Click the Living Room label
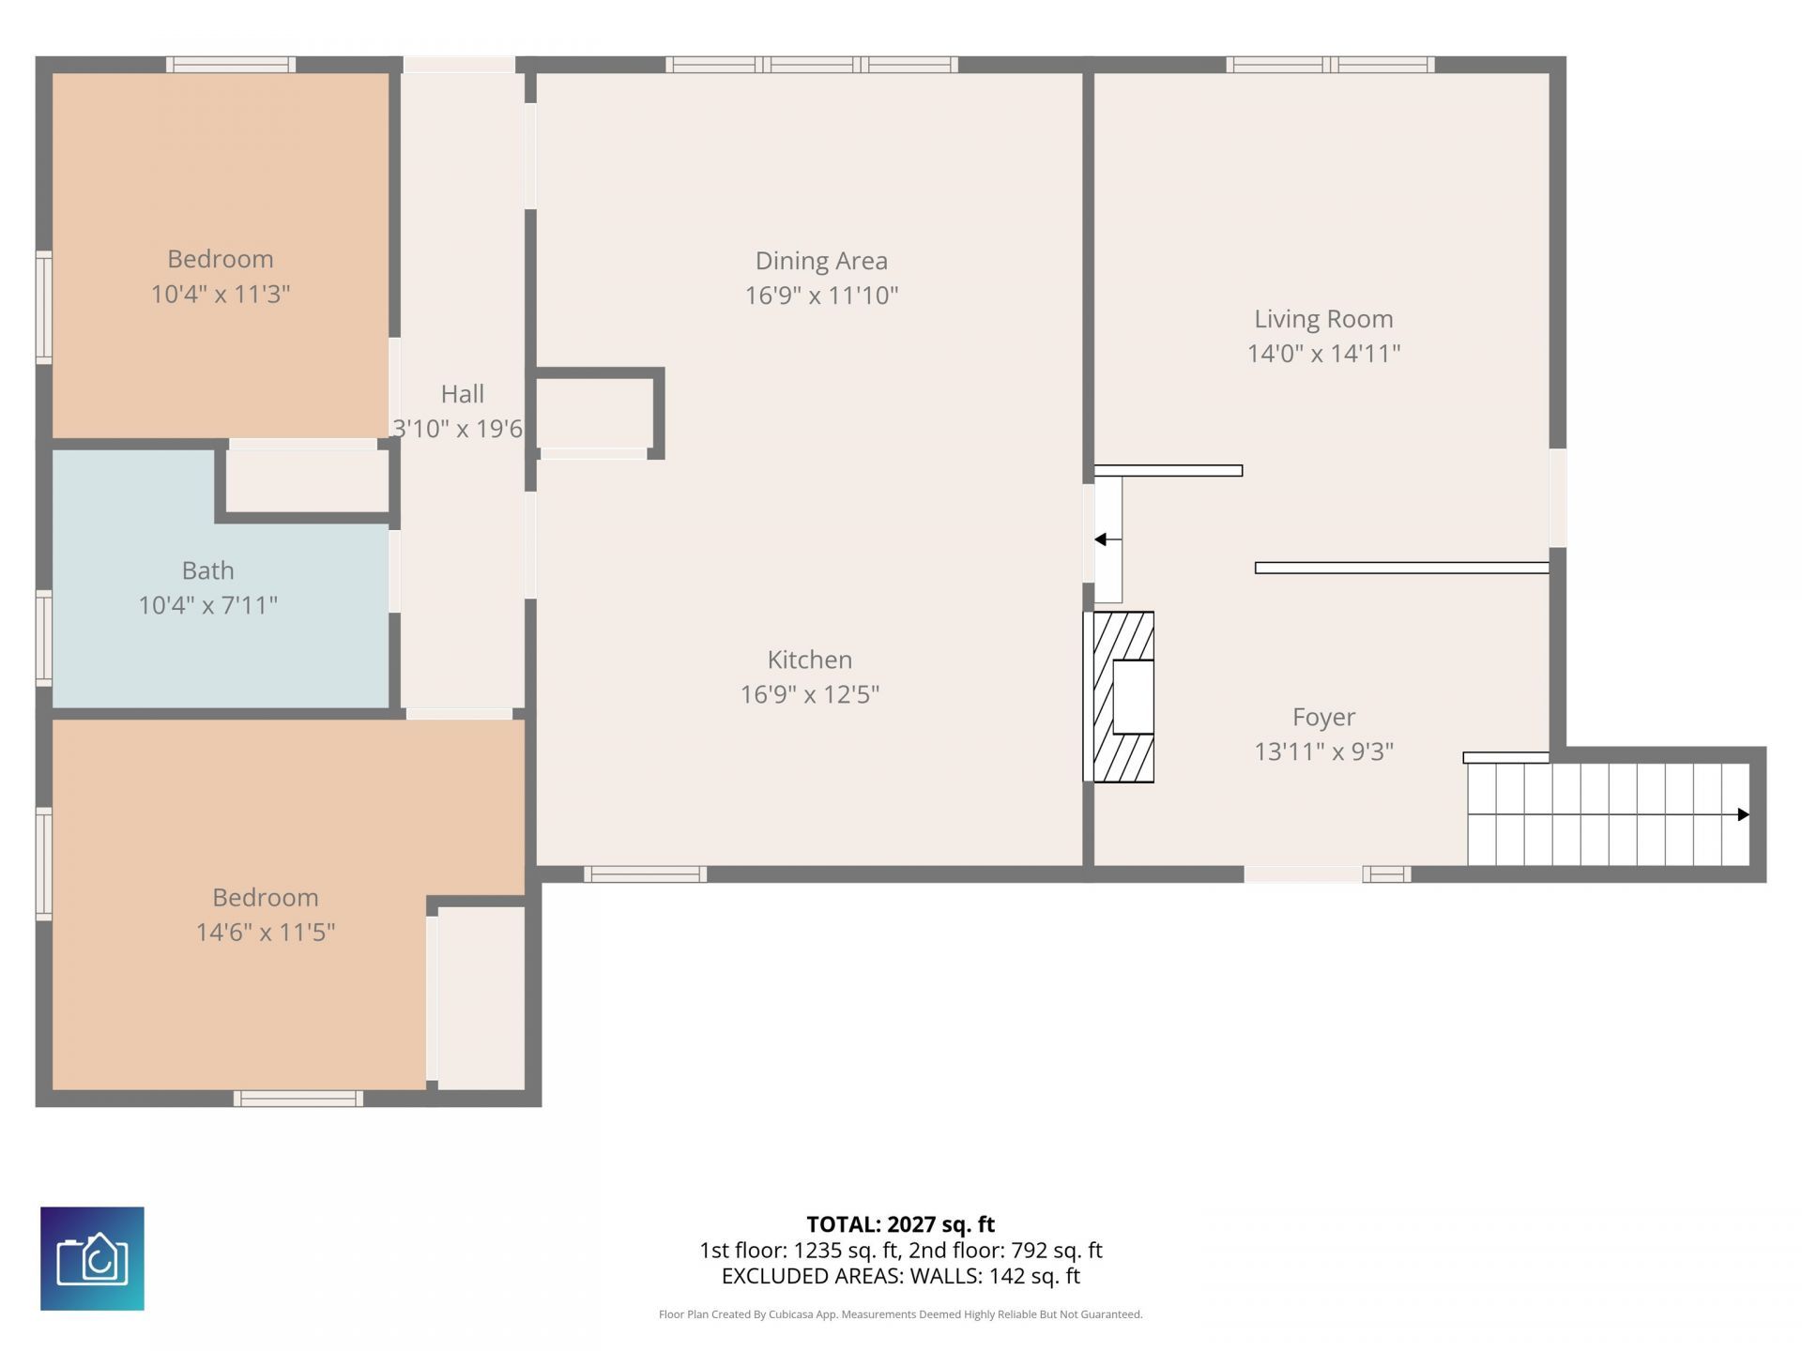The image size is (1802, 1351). (x=1323, y=319)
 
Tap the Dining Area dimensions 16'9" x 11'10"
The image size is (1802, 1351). (x=821, y=296)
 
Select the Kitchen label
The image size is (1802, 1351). (x=810, y=660)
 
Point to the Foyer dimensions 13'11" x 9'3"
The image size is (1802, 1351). (x=1323, y=751)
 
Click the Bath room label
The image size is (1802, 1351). (x=208, y=570)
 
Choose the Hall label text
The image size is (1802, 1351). (x=462, y=394)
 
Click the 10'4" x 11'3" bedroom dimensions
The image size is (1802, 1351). (x=221, y=294)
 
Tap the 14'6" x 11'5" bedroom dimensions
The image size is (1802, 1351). (x=266, y=932)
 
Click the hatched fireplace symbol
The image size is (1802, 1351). (x=1122, y=696)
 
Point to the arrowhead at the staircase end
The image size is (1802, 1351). (x=1743, y=814)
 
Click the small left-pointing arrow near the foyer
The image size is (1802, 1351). (x=1101, y=539)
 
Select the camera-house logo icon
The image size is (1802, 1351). (x=92, y=1258)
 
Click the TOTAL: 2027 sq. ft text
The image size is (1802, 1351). (x=900, y=1224)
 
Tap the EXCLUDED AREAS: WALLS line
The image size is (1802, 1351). (x=900, y=1276)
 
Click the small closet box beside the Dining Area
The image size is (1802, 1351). (x=594, y=413)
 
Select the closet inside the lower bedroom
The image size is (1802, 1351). (x=481, y=997)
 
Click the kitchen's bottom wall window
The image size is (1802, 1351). (x=645, y=874)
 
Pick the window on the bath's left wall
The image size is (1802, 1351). (x=43, y=638)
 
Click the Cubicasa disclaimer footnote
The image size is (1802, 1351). (x=900, y=1314)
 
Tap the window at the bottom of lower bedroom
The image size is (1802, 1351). (x=298, y=1099)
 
